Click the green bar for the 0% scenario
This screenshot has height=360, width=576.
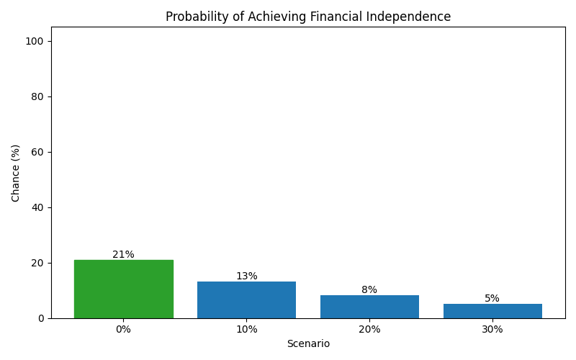coord(123,289)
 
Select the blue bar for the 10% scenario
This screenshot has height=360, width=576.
coord(246,300)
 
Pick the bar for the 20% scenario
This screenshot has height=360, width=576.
coord(369,307)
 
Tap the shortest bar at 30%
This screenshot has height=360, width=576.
coord(492,311)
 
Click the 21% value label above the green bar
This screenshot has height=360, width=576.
coord(123,255)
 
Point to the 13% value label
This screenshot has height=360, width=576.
coord(246,276)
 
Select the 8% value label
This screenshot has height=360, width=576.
coord(369,290)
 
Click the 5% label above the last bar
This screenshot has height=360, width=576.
coord(492,299)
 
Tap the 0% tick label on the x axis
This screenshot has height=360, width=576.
coord(123,329)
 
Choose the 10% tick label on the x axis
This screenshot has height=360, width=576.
coord(246,329)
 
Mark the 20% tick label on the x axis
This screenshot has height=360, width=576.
coord(369,329)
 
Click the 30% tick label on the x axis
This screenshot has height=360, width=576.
coord(492,329)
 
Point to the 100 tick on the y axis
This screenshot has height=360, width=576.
coord(35,41)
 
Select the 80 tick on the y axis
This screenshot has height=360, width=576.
coord(37,96)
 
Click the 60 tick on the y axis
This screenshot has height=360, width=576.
coord(37,152)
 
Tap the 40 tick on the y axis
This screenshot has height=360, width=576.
coord(37,207)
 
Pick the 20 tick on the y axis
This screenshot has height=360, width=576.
coord(37,263)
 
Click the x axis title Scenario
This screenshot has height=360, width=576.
coord(308,344)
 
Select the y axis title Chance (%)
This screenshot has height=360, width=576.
coord(16,173)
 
